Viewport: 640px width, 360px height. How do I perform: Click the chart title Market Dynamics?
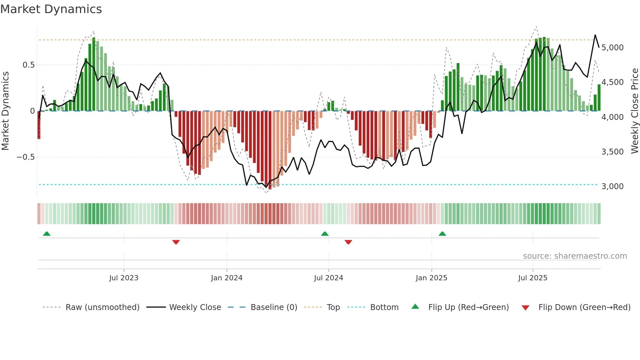click(x=51, y=9)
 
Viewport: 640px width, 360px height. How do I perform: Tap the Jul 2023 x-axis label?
click(x=124, y=278)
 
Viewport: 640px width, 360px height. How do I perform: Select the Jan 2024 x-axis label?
click(x=227, y=278)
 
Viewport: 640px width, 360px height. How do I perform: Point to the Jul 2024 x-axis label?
click(x=328, y=278)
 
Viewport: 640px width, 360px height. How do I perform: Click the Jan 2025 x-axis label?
click(x=431, y=278)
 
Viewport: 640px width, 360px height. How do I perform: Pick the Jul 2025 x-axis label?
click(x=533, y=278)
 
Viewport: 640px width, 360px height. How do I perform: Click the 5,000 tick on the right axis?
click(x=613, y=48)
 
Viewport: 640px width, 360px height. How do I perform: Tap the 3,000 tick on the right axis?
click(x=613, y=187)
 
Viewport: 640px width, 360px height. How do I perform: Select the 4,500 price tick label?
click(x=613, y=82)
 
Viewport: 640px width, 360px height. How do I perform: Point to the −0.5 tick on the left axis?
click(x=25, y=157)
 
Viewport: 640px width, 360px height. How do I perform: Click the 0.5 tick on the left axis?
click(x=28, y=65)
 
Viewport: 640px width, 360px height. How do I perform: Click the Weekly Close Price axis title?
click(x=634, y=111)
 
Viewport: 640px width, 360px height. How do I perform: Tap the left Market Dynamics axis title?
click(x=5, y=111)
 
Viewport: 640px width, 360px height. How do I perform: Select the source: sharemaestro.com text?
click(x=575, y=256)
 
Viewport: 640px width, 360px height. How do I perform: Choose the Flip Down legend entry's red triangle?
click(x=525, y=308)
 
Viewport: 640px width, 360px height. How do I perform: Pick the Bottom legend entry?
click(x=384, y=307)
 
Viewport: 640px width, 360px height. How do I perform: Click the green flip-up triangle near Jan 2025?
click(x=442, y=234)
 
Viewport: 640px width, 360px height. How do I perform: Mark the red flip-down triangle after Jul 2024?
click(x=348, y=242)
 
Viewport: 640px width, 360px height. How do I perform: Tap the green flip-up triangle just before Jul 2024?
click(x=325, y=234)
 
